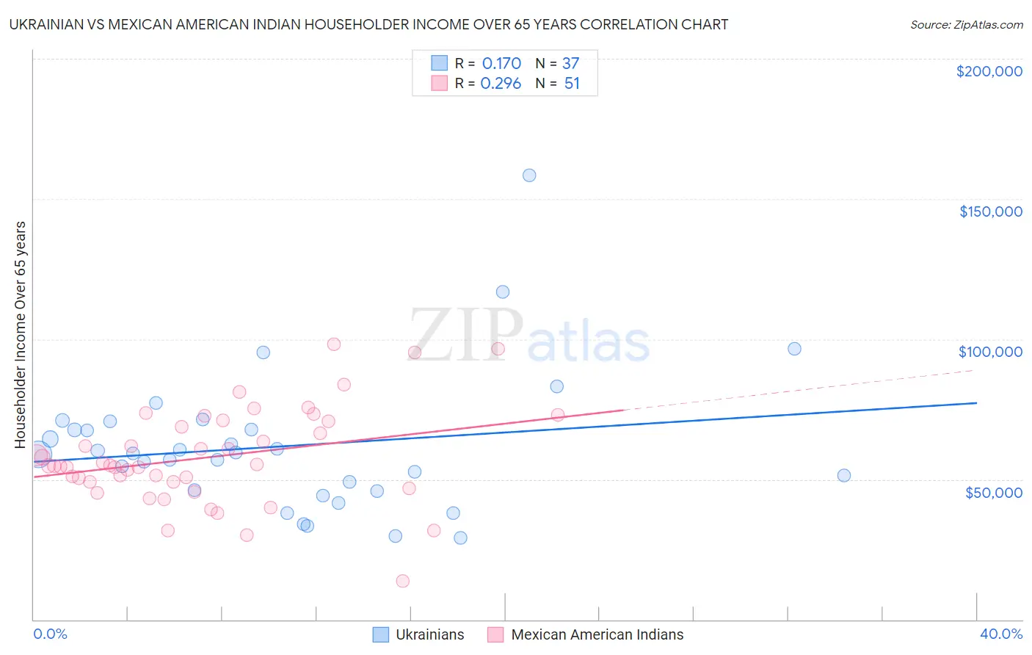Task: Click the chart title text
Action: click(x=368, y=24)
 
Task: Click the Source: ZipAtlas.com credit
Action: click(x=966, y=24)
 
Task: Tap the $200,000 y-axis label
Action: click(x=989, y=71)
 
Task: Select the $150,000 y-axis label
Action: click(x=990, y=211)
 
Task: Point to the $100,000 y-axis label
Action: click(x=990, y=352)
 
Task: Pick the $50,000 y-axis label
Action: click(x=993, y=492)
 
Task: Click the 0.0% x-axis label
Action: click(x=50, y=634)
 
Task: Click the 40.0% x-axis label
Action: click(x=1000, y=634)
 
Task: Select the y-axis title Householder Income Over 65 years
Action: click(x=21, y=334)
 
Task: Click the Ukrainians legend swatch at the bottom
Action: click(x=380, y=634)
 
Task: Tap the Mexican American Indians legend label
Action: click(x=597, y=634)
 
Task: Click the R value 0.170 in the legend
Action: click(x=501, y=64)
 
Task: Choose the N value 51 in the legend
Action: click(x=572, y=84)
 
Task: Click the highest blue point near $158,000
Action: click(x=529, y=175)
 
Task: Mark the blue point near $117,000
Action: click(x=503, y=292)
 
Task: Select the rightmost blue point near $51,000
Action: click(x=844, y=475)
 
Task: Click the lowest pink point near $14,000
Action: click(x=402, y=581)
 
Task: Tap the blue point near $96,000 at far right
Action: click(x=794, y=349)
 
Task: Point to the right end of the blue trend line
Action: click(x=976, y=402)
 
